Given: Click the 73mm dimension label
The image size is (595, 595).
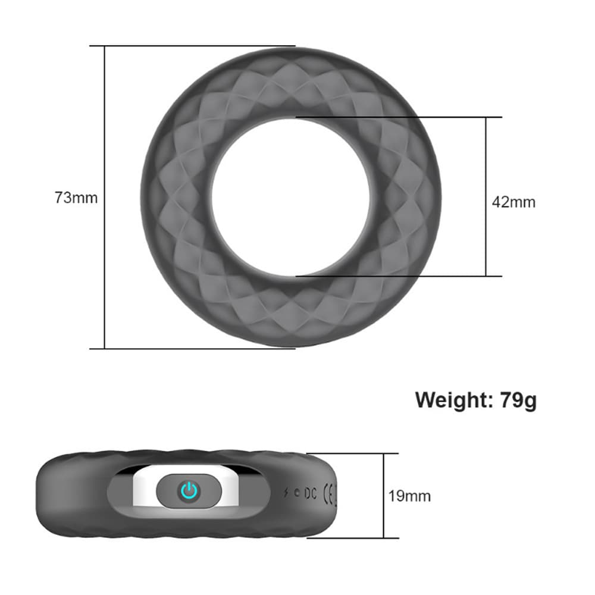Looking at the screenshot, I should [76, 198].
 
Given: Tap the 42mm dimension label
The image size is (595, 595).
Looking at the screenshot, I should [513, 202].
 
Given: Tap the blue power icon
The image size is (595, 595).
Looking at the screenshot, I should [189, 491].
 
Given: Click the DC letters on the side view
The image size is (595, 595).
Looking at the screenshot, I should [310, 493].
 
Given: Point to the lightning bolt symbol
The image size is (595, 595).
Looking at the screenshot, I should [288, 493].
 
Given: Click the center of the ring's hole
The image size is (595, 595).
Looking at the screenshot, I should [290, 197].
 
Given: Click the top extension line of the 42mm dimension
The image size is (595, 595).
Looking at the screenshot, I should [399, 117].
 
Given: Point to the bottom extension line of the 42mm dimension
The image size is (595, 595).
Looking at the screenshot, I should [399, 276].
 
